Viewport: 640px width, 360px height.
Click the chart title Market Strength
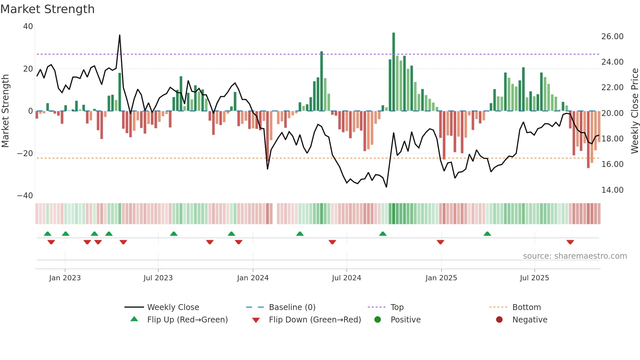coord(47,9)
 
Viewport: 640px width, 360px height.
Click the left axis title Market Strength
coord(6,111)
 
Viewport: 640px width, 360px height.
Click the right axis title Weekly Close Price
coord(634,111)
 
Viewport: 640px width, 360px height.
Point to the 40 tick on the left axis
coord(28,26)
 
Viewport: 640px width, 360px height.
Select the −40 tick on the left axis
coord(25,196)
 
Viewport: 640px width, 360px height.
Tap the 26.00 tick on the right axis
coord(612,37)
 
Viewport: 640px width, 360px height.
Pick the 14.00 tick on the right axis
coord(612,190)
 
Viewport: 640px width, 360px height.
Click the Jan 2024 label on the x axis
coord(253,278)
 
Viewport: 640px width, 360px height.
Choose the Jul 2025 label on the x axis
coord(535,278)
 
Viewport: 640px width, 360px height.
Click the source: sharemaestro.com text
coord(575,256)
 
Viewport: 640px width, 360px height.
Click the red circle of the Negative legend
coord(499,320)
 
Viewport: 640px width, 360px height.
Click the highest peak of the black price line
coord(120,35)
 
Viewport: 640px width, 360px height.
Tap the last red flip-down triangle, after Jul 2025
coord(570,242)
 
